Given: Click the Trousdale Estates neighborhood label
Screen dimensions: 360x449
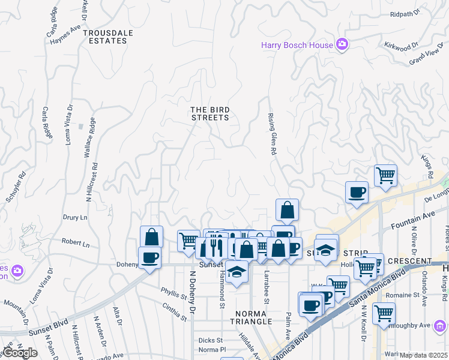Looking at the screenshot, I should pos(106,37).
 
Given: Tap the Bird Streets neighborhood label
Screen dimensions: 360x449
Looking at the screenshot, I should pos(210,113).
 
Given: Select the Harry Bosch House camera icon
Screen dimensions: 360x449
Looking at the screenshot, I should pos(342,44).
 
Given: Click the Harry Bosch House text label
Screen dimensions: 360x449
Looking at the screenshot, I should pos(297,44).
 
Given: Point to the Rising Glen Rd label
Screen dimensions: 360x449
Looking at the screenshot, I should pos(272,134).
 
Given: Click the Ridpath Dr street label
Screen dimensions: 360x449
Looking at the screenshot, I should pos(406,14).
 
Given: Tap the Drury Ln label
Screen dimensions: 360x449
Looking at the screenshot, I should pos(75,217).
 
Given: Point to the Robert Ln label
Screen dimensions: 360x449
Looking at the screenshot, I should pos(75,244).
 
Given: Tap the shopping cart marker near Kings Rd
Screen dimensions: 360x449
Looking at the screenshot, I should pos(385,175).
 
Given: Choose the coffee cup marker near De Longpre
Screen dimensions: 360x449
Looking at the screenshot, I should pos(357,192).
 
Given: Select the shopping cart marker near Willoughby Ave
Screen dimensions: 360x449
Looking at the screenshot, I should pos(384,313).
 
